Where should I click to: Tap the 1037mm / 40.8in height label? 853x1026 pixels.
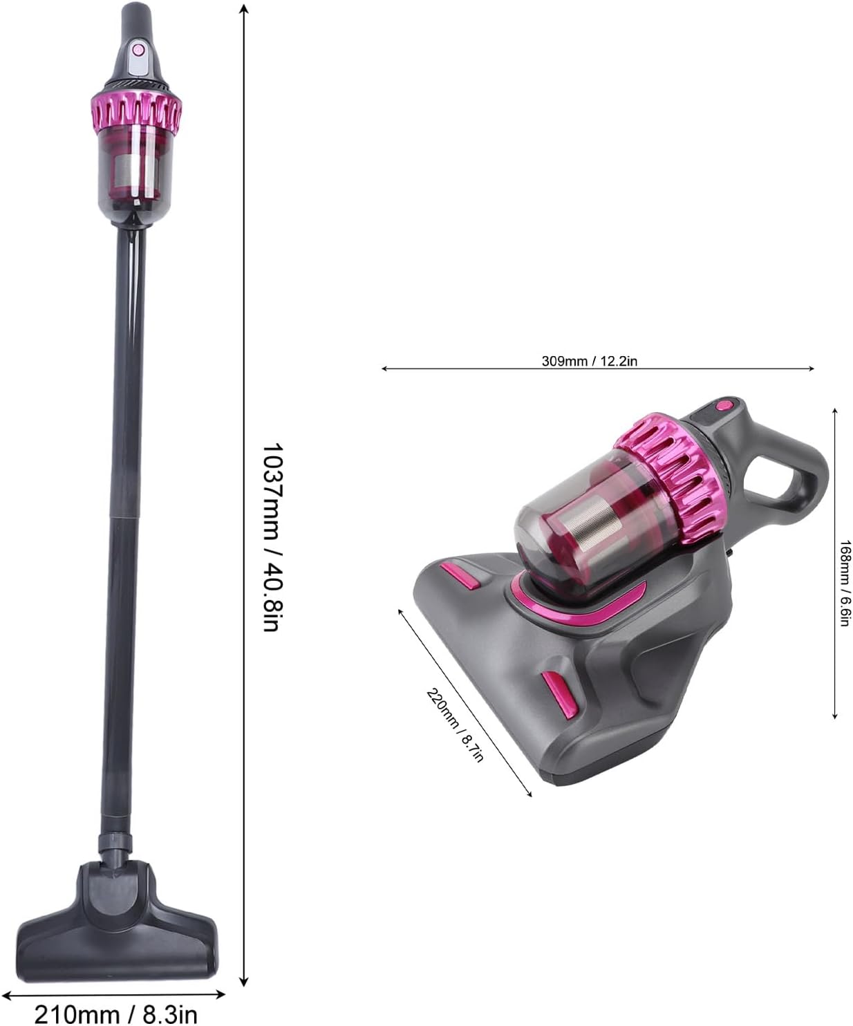coord(271,537)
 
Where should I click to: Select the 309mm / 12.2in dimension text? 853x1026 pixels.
coord(590,361)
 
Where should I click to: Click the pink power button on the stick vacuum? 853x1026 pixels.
coord(138,50)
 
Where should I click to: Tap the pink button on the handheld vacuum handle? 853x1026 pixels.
coord(723,405)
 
